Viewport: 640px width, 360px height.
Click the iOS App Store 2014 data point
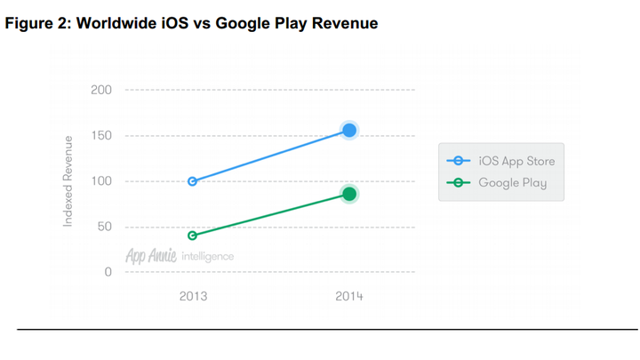pos(349,131)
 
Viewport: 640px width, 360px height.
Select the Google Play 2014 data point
pos(349,194)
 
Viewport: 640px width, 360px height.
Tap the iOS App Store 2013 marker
pos(193,181)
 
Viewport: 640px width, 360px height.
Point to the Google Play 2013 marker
pos(193,236)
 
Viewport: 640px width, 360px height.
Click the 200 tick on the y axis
pos(101,91)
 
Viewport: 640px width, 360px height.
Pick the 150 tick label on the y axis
pos(101,136)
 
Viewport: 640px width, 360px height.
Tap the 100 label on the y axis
pos(101,181)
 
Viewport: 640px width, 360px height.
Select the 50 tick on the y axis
pos(104,227)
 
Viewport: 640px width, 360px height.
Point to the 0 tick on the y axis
pos(108,272)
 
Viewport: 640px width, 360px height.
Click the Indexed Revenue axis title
pos(68,181)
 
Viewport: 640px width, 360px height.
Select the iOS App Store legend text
pos(516,161)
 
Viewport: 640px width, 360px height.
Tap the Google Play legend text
pos(512,183)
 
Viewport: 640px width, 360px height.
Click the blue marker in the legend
pos(459,161)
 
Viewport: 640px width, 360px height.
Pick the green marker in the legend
pos(459,183)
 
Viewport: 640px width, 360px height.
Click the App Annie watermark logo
pos(150,256)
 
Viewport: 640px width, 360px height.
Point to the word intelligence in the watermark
pos(207,257)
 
